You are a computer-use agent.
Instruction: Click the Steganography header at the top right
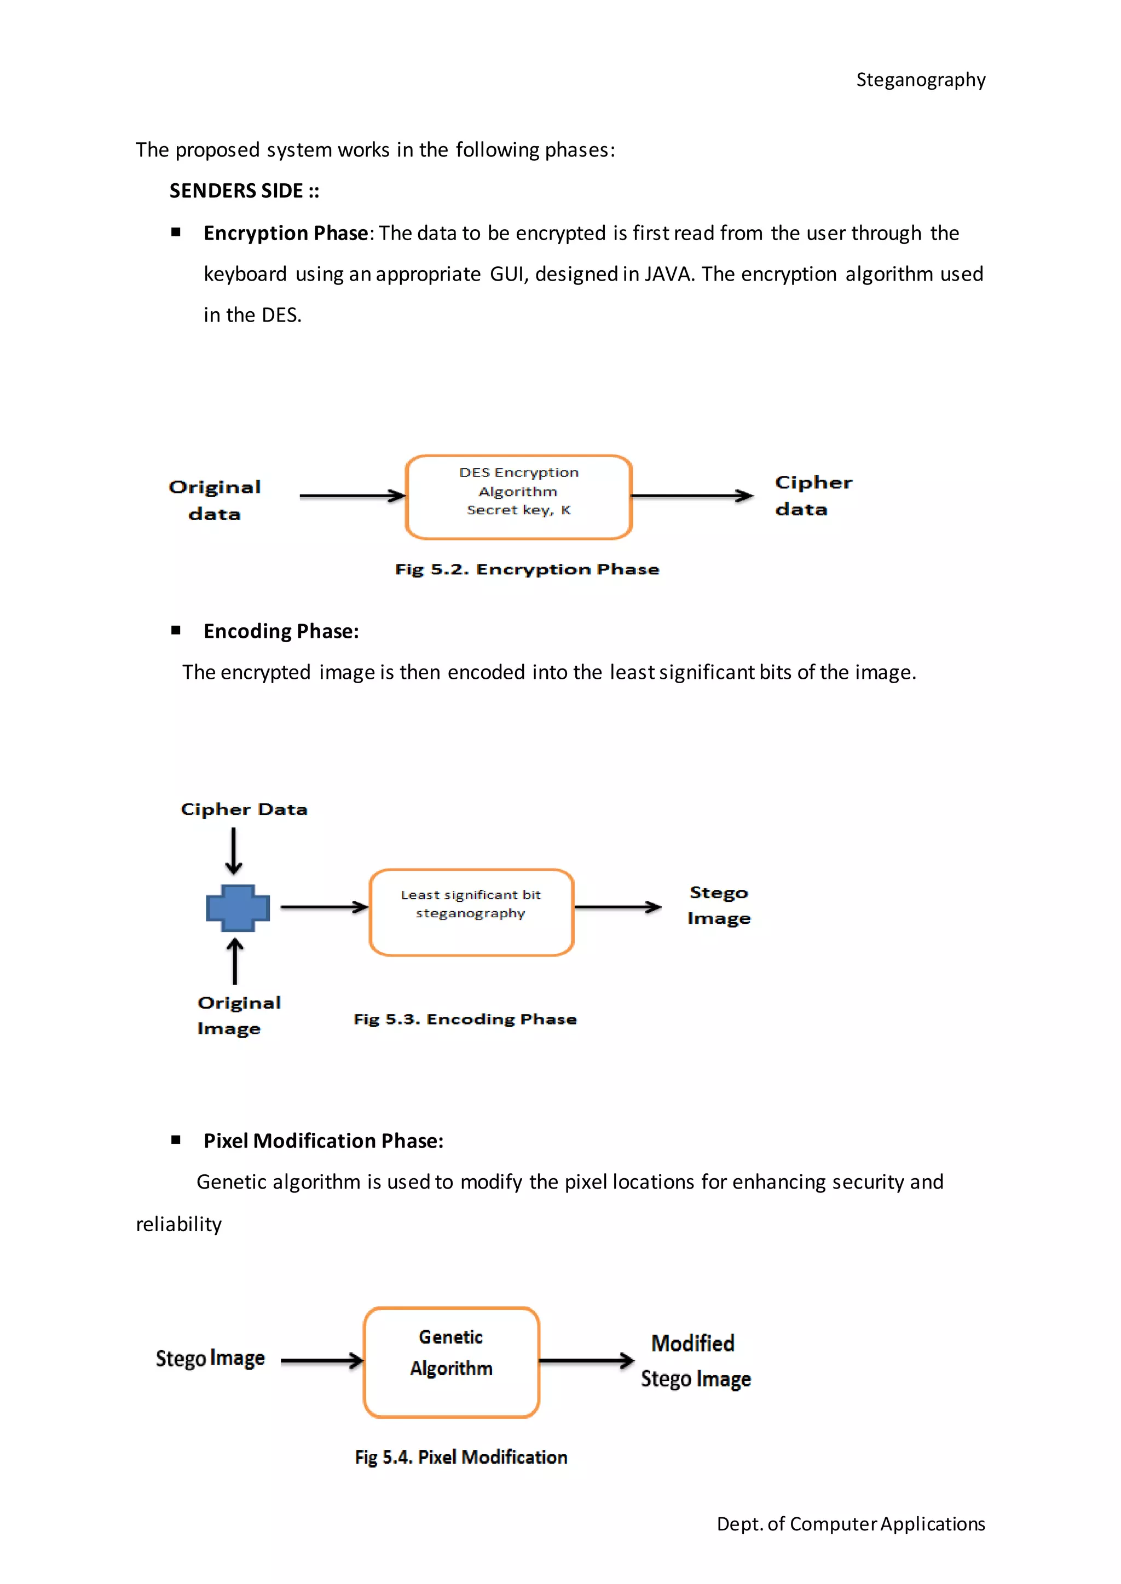[x=920, y=80]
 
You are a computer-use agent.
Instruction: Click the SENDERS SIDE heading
[x=244, y=191]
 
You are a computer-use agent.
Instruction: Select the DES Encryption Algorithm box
[x=518, y=497]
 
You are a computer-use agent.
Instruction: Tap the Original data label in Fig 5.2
[x=215, y=500]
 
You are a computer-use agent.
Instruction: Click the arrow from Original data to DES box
[x=352, y=496]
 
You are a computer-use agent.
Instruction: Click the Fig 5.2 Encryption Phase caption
[x=527, y=569]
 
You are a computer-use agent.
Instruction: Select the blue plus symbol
[x=238, y=908]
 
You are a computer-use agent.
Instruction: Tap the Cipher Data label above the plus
[x=244, y=810]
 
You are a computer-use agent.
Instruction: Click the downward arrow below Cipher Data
[x=234, y=851]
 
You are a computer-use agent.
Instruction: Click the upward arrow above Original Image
[x=235, y=960]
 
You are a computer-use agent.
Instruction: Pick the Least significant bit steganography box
[x=471, y=912]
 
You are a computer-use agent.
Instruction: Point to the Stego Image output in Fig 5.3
[x=719, y=905]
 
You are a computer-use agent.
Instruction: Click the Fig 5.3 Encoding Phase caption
[x=465, y=1019]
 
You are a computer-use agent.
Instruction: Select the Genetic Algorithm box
[x=452, y=1362]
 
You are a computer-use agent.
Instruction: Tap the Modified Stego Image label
[x=695, y=1360]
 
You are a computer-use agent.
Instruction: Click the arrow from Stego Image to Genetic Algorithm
[x=321, y=1360]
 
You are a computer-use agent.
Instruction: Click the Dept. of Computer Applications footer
[x=851, y=1524]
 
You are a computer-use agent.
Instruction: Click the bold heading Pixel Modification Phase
[x=323, y=1141]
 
